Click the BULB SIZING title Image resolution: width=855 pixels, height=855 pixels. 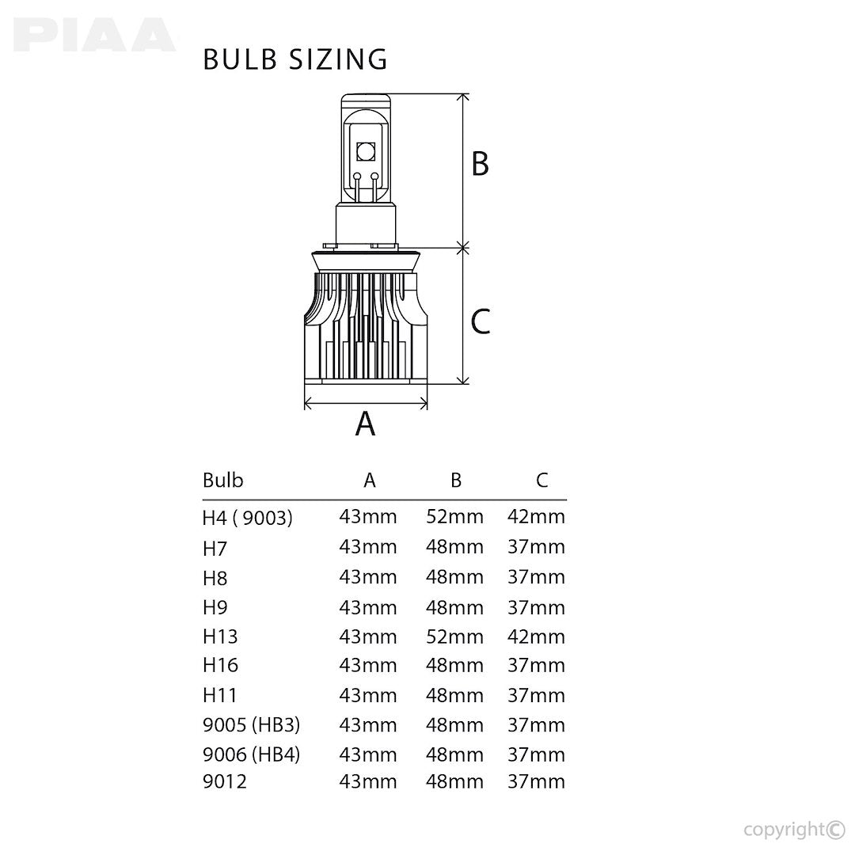[x=295, y=59]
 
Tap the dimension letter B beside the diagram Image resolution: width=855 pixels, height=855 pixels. [x=480, y=165]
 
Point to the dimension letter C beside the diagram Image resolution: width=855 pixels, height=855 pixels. [x=480, y=321]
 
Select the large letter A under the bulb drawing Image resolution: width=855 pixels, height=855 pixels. [x=365, y=424]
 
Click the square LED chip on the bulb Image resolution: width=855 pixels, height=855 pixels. [x=366, y=150]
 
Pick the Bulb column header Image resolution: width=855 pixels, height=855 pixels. [x=223, y=480]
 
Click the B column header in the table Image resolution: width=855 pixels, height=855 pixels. [x=455, y=480]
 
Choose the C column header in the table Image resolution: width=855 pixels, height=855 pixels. [x=541, y=480]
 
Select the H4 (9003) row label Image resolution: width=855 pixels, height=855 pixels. [x=248, y=518]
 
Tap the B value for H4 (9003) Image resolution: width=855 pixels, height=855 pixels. [x=454, y=517]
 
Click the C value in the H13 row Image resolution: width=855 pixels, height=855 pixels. [x=536, y=636]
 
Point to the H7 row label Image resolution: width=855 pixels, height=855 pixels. [x=215, y=547]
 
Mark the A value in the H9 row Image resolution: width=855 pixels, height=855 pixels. [x=368, y=607]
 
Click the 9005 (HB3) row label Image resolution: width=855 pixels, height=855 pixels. [x=252, y=724]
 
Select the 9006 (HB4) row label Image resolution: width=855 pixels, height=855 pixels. [x=252, y=754]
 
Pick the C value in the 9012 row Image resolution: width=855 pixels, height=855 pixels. [x=536, y=782]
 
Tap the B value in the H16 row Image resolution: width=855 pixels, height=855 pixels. [x=454, y=666]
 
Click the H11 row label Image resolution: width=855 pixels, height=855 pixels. [x=220, y=695]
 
